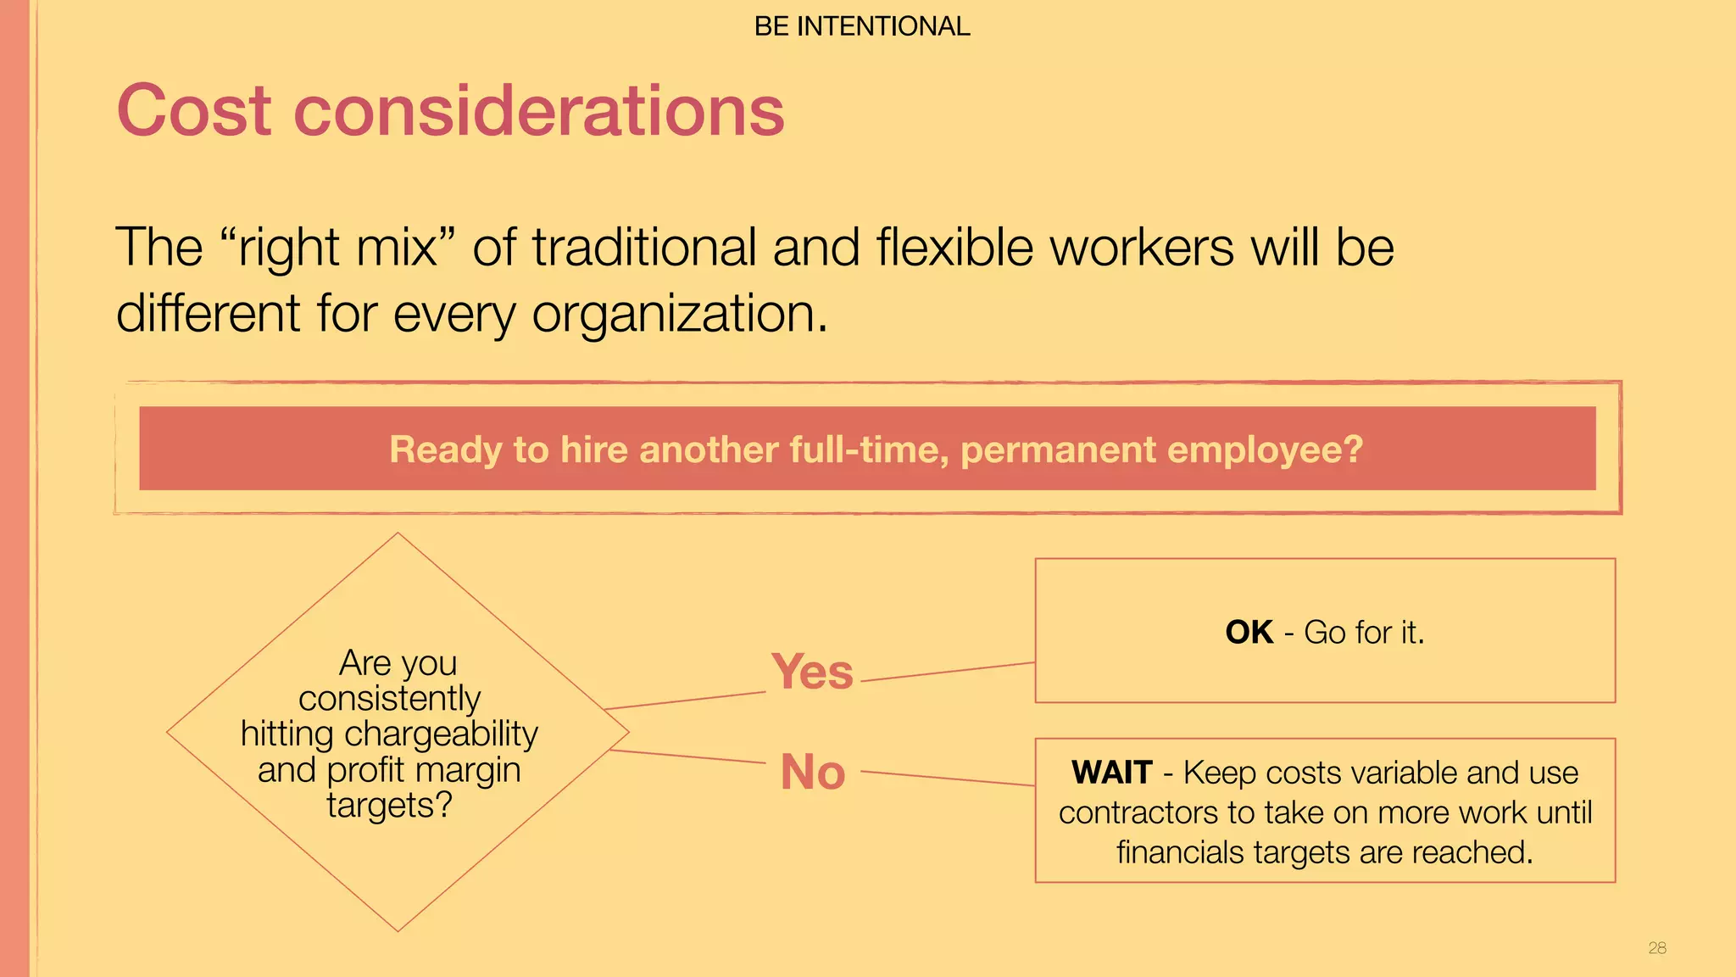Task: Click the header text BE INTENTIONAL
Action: (861, 26)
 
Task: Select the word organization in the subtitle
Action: (675, 314)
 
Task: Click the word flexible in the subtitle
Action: (955, 248)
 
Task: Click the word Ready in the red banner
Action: (445, 449)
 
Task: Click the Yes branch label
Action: (812, 672)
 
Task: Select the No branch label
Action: (812, 772)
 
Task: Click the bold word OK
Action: (1249, 633)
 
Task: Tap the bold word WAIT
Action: (1111, 773)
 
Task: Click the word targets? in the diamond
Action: (389, 805)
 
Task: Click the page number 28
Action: (1657, 948)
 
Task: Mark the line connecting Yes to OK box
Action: (948, 672)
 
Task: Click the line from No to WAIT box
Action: (948, 778)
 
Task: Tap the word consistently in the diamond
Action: (389, 699)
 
